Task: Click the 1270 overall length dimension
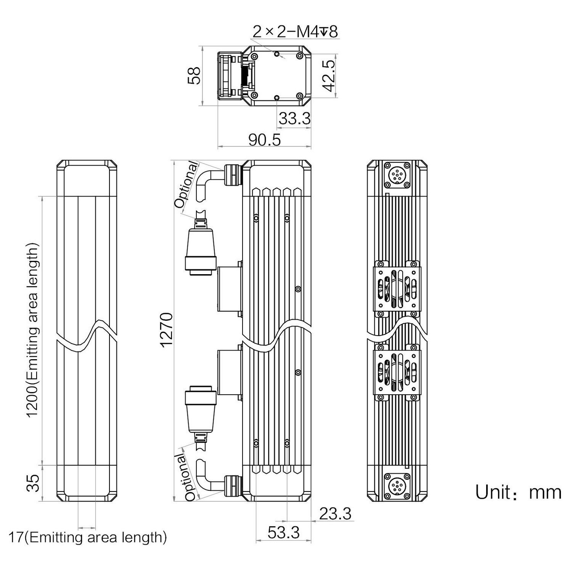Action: (x=167, y=330)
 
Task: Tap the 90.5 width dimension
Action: (x=264, y=140)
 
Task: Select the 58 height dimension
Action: (x=194, y=76)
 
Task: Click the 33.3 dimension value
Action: (x=294, y=119)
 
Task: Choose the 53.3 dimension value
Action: (x=283, y=533)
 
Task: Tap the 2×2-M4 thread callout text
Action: (x=295, y=32)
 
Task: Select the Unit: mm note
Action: (x=518, y=492)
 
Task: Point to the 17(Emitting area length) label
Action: (x=88, y=538)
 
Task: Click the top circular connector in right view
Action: (x=397, y=175)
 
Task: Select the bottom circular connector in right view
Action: (x=397, y=487)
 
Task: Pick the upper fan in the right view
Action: (x=397, y=289)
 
